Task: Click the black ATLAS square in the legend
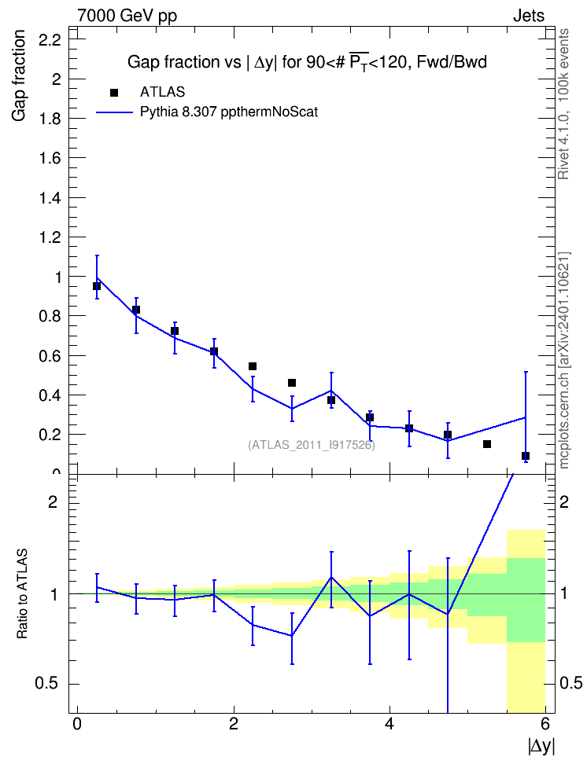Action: click(114, 93)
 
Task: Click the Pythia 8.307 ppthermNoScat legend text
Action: click(229, 112)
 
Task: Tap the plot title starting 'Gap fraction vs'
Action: click(307, 62)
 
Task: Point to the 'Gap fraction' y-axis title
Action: click(19, 75)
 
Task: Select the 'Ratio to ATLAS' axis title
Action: click(22, 593)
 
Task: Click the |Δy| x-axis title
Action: click(541, 746)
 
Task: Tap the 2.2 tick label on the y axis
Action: click(50, 40)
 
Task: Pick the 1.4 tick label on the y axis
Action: click(50, 198)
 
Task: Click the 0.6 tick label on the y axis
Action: click(50, 356)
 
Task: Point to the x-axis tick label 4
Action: click(389, 724)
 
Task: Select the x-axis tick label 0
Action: click(77, 724)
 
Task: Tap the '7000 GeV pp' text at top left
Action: click(127, 16)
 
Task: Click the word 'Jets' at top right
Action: click(529, 16)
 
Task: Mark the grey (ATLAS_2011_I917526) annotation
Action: click(312, 445)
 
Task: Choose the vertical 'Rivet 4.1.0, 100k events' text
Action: click(563, 104)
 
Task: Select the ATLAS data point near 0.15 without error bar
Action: click(487, 444)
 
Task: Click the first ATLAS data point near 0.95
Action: click(97, 286)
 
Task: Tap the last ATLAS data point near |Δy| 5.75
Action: click(526, 456)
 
